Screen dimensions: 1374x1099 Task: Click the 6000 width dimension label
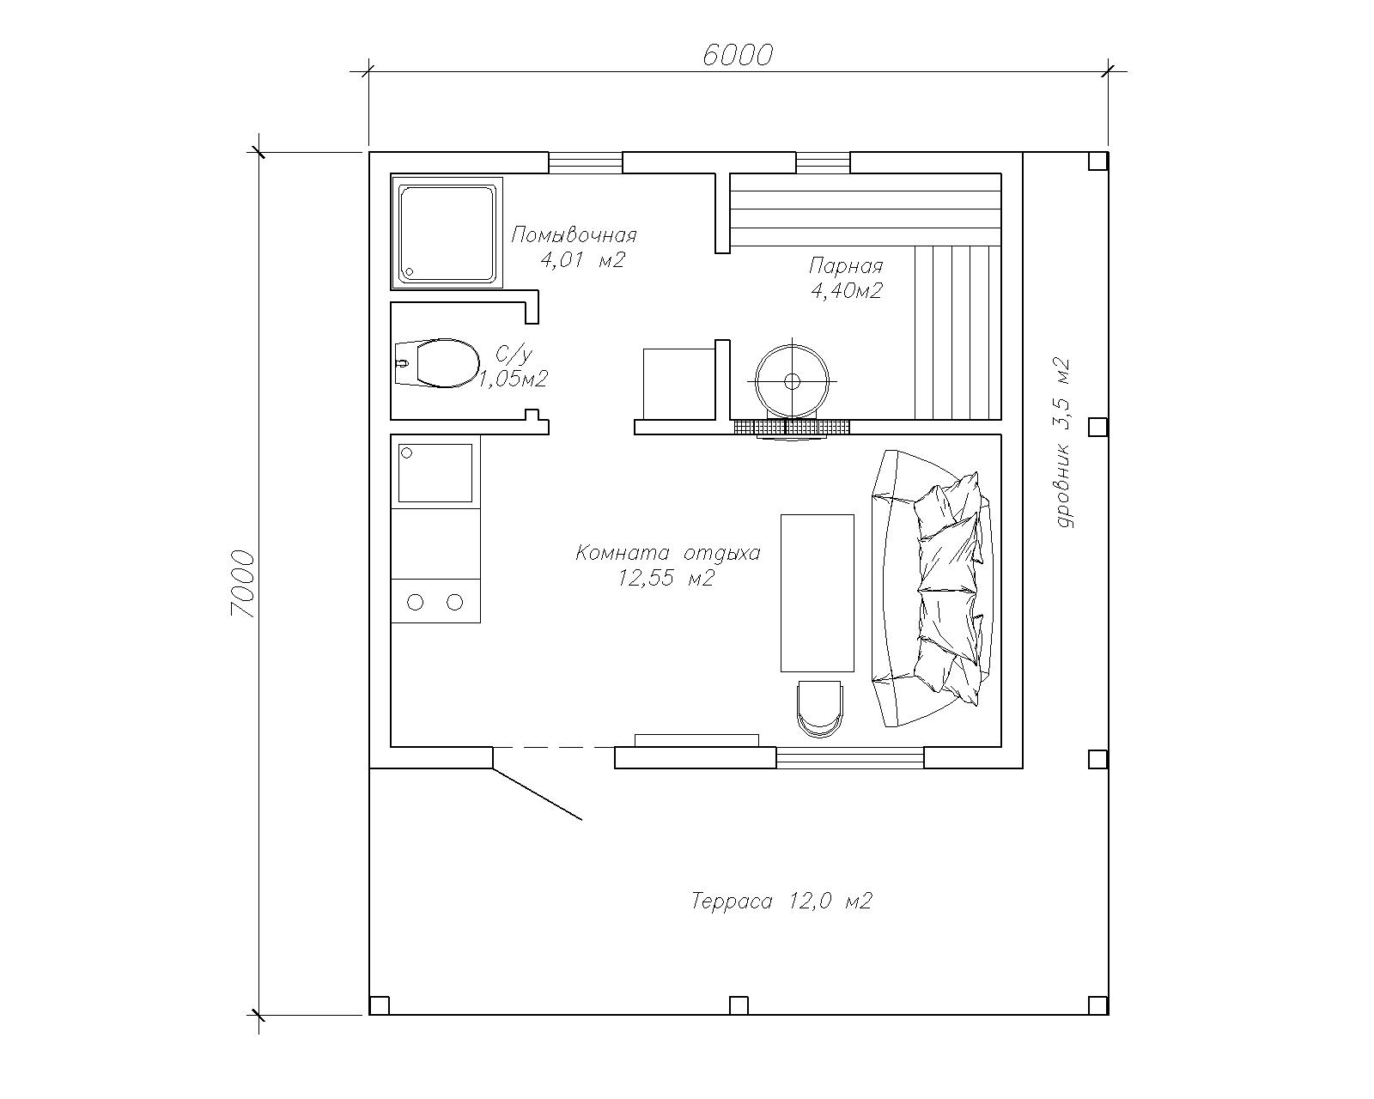tap(738, 56)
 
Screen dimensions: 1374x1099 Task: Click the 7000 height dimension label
tap(243, 584)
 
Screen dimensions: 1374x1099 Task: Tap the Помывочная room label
tap(574, 235)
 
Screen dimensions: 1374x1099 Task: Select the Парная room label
tap(846, 265)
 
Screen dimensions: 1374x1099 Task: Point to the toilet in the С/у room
tap(437, 362)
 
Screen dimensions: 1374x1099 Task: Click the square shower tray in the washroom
tap(447, 234)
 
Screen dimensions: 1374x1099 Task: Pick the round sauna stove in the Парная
tap(792, 381)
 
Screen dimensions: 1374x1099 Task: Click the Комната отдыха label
tap(668, 552)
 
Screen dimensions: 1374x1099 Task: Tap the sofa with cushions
tap(933, 589)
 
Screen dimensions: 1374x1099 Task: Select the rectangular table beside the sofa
tap(818, 593)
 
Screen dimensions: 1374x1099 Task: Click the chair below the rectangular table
tap(820, 709)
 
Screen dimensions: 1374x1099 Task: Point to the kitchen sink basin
tap(435, 473)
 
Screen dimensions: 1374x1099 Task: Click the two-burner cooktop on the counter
tap(435, 601)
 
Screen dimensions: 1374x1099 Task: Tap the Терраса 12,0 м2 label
tap(781, 902)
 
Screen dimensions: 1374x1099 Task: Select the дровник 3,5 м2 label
tap(1061, 443)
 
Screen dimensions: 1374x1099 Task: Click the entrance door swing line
tap(538, 793)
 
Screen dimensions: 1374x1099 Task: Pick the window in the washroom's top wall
tap(586, 162)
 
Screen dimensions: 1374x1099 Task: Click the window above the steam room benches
tap(823, 162)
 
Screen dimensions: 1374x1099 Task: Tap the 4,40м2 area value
tap(847, 291)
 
